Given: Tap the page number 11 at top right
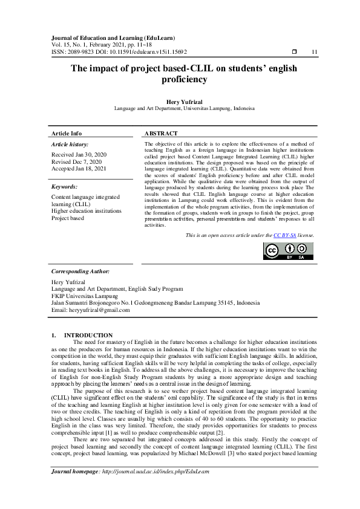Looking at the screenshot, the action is pyautogui.click(x=314, y=53).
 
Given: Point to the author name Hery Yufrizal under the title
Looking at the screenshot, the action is pyautogui.click(x=180, y=102).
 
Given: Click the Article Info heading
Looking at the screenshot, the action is pyautogui.click(x=67, y=133).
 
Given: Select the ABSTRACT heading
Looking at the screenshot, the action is pyautogui.click(x=161, y=133).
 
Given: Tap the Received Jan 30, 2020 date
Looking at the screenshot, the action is pyautogui.click(x=78, y=155).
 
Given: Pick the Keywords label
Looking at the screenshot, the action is pyautogui.click(x=65, y=187).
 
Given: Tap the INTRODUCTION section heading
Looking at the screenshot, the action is pyautogui.click(x=88, y=335).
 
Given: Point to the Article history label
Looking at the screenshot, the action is pyautogui.click(x=70, y=144).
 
